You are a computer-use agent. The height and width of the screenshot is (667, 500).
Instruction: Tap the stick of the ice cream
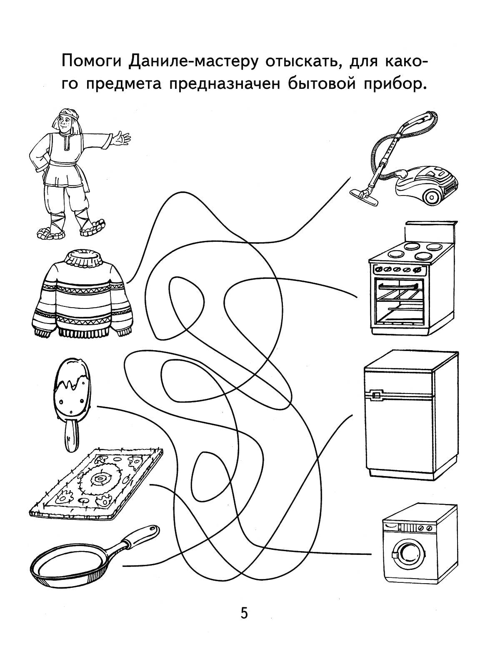[72, 436]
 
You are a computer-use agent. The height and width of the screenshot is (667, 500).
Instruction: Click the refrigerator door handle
[377, 394]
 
